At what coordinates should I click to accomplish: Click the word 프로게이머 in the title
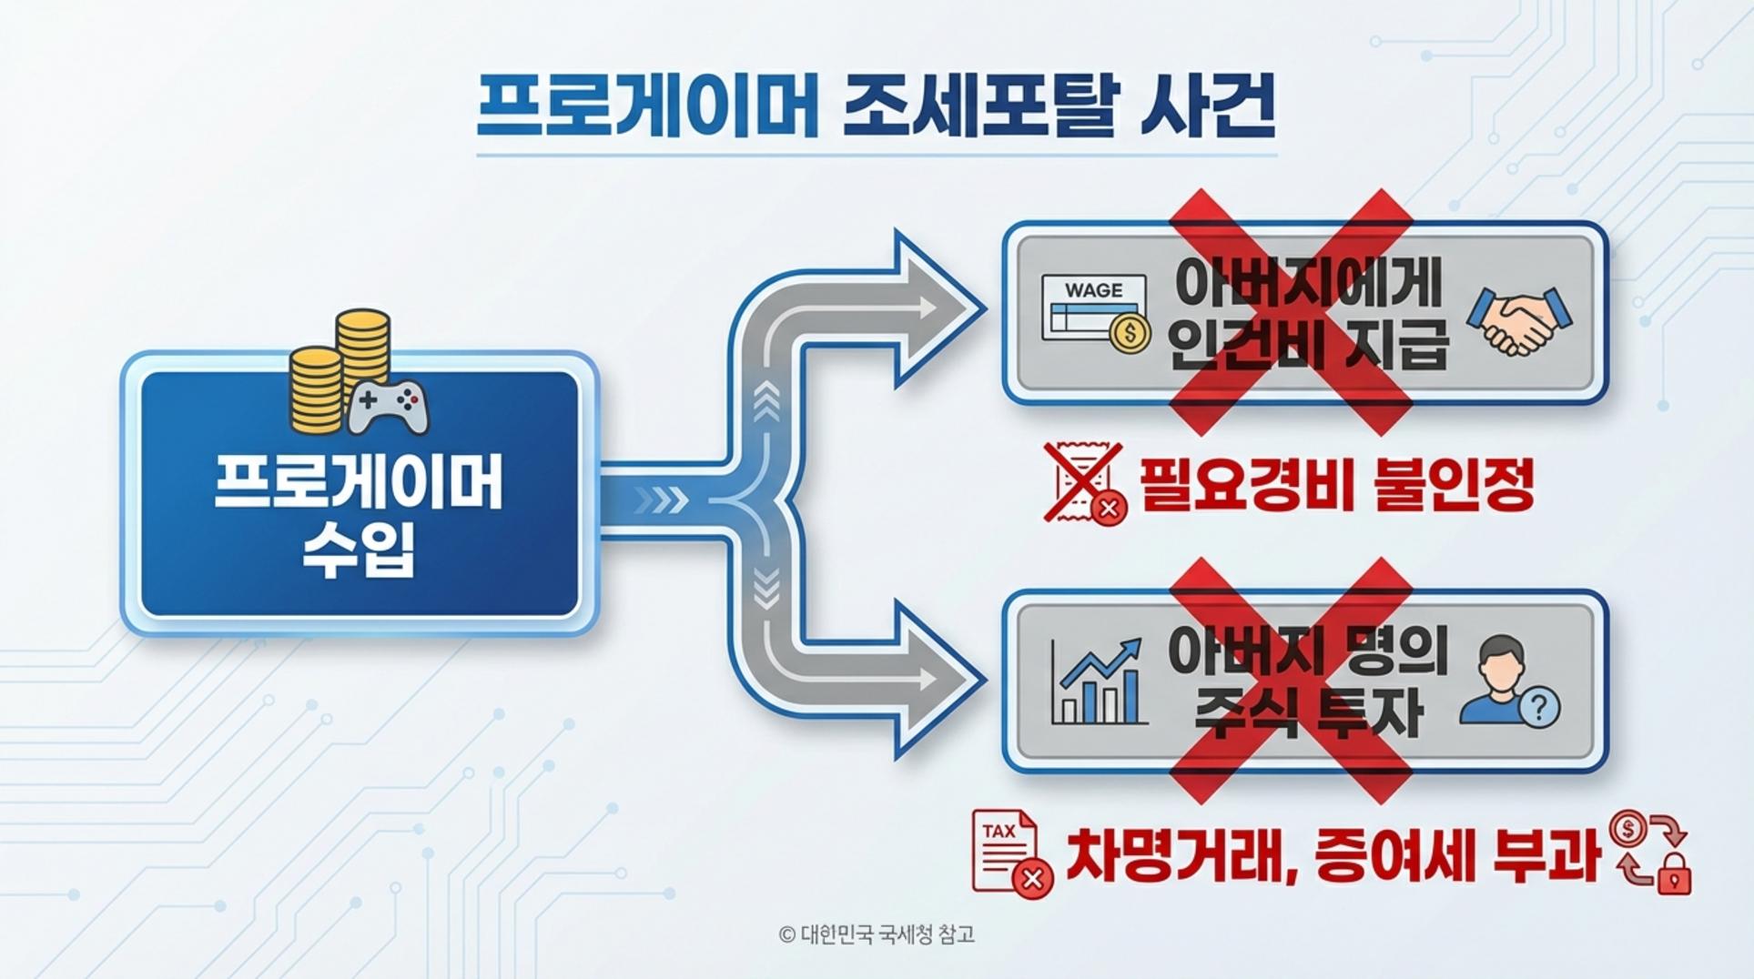[x=647, y=107]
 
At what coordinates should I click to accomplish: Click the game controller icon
[x=389, y=407]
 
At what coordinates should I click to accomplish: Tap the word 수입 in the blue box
[x=359, y=549]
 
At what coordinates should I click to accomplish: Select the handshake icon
[x=1518, y=320]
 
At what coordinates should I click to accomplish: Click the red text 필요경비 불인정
[x=1336, y=484]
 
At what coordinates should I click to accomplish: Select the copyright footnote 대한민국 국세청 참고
[x=877, y=934]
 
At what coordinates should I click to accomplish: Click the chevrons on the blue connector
[x=661, y=500]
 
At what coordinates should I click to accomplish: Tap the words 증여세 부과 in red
[x=1456, y=855]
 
